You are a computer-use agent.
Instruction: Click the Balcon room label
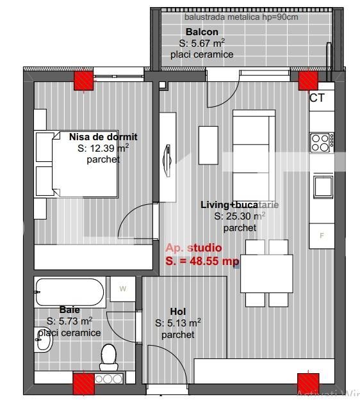pyautogui.click(x=202, y=31)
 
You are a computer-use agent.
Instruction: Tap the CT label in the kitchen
pyautogui.click(x=316, y=98)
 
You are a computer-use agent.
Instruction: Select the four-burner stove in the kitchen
pyautogui.click(x=320, y=141)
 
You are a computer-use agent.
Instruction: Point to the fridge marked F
pyautogui.click(x=322, y=235)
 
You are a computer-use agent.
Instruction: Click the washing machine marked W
pyautogui.click(x=123, y=289)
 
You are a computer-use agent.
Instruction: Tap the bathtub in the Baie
pyautogui.click(x=69, y=292)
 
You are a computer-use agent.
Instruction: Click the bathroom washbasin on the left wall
pyautogui.click(x=43, y=342)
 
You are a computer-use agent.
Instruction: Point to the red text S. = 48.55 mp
pyautogui.click(x=202, y=261)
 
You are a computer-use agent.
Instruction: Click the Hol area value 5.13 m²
pyautogui.click(x=178, y=323)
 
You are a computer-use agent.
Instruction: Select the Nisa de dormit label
pyautogui.click(x=103, y=137)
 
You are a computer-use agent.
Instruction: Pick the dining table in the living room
pyautogui.click(x=268, y=273)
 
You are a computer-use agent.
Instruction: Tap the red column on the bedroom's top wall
pyautogui.click(x=83, y=80)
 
